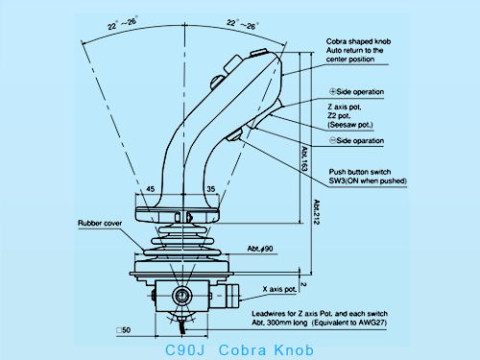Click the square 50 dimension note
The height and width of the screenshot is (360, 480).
tap(122, 329)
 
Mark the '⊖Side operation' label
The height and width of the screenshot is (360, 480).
tap(356, 141)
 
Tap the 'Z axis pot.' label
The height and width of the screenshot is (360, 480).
tap(344, 107)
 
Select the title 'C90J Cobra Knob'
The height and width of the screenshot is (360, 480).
tap(239, 348)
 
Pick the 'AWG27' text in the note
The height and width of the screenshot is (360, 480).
tap(417, 323)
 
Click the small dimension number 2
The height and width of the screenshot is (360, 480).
tap(302, 284)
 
